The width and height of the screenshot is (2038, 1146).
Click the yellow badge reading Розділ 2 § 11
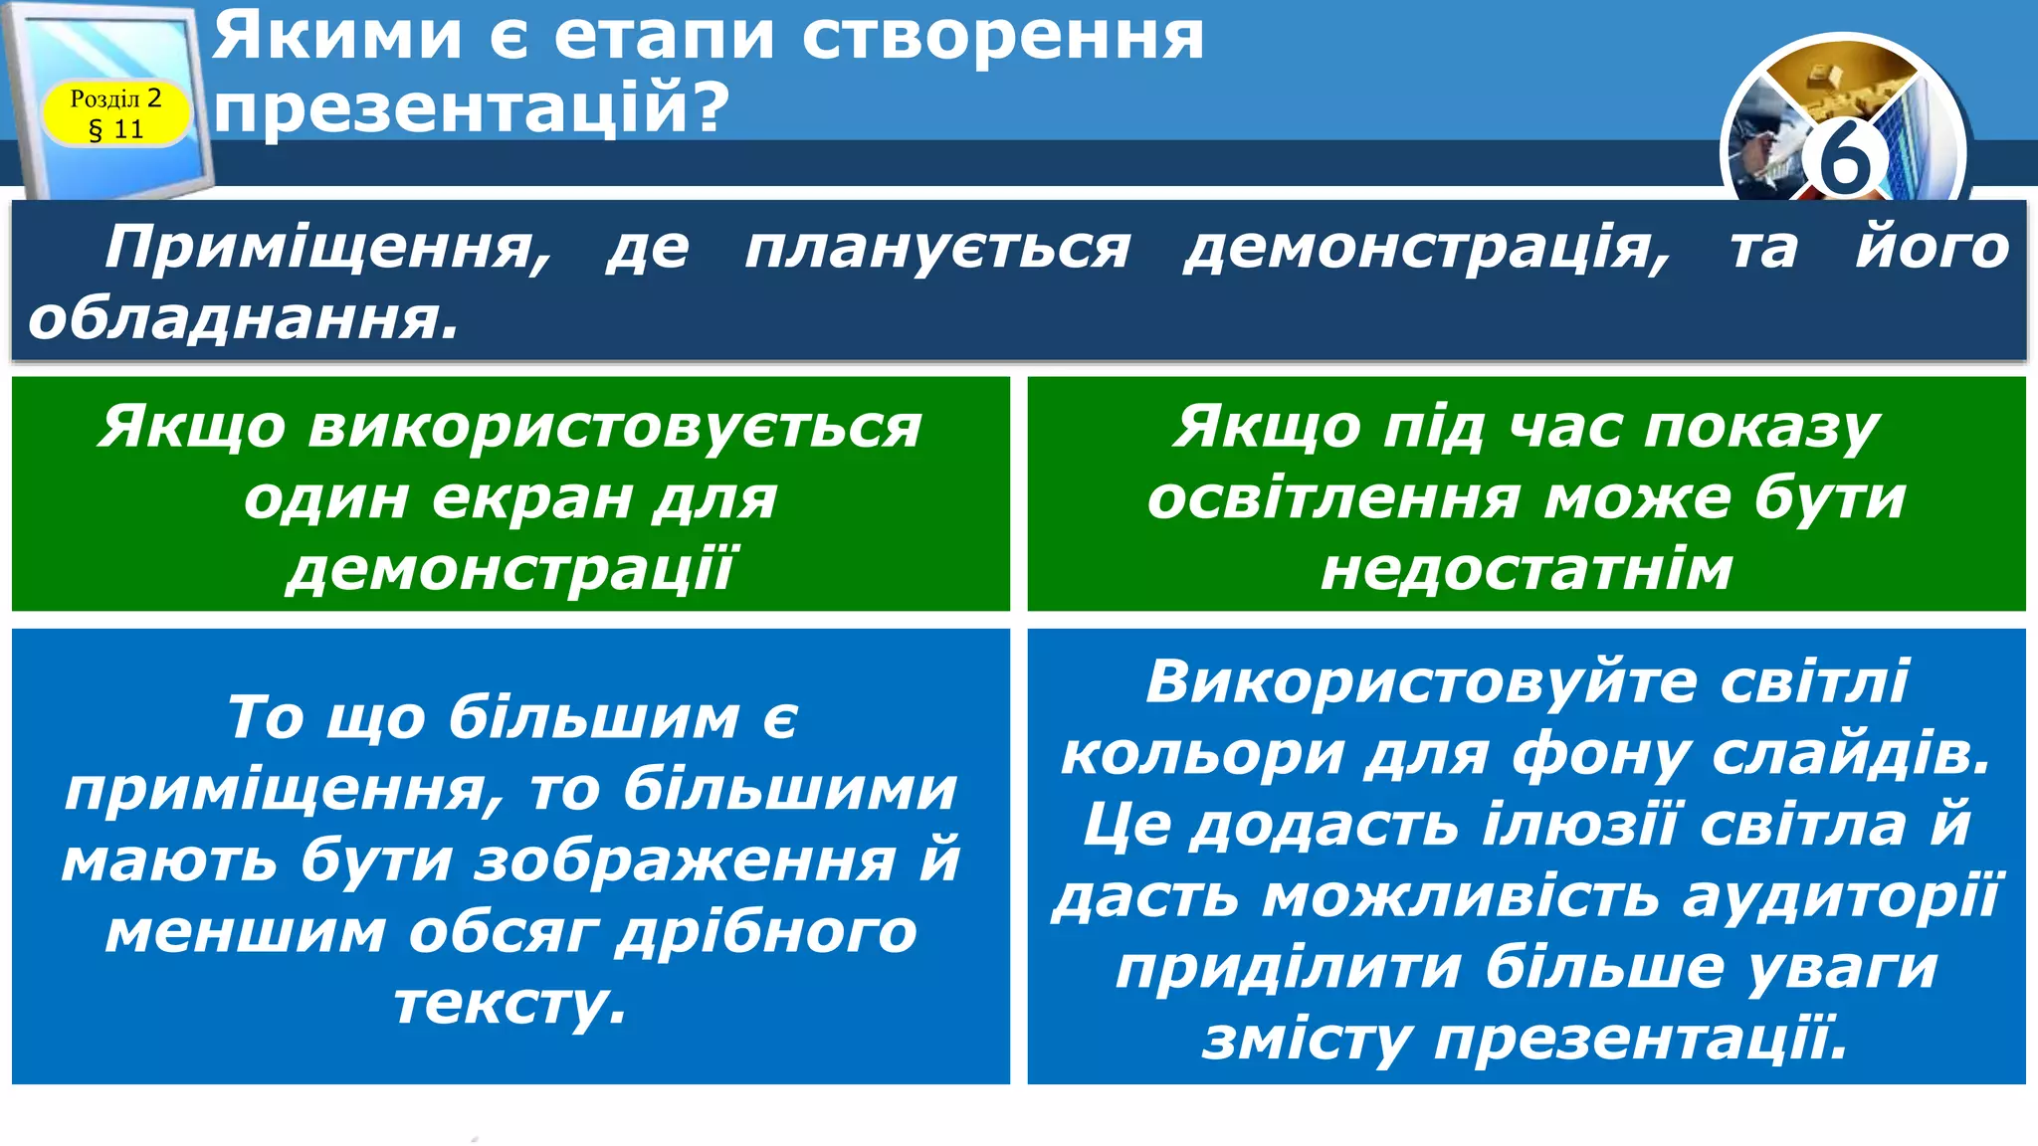coord(115,113)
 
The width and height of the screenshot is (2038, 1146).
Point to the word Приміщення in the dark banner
coord(327,248)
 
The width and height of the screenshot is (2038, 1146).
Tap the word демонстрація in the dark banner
coord(1426,248)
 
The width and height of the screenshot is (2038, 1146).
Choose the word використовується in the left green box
coord(614,427)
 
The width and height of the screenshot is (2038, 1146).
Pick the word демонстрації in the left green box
coord(510,569)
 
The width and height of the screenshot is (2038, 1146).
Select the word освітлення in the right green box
coord(1333,497)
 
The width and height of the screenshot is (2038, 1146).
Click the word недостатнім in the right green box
coord(1527,569)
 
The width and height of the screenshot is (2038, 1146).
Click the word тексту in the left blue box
coord(509,1004)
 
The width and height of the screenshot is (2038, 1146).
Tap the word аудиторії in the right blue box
coord(1841,897)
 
